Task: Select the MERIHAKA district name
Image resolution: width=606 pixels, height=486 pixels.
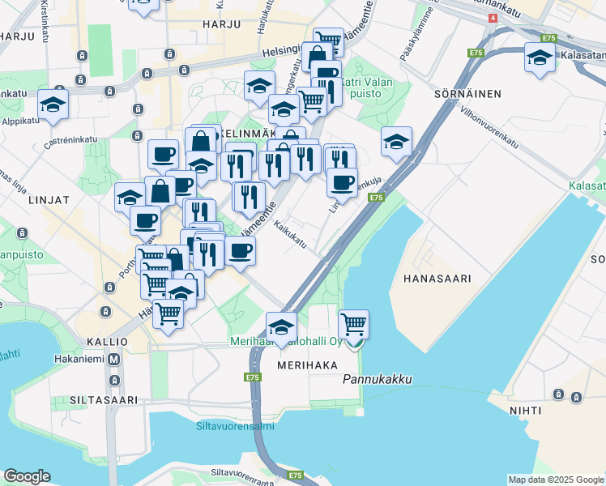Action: (307, 365)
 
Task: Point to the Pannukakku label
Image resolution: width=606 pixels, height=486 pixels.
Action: (378, 379)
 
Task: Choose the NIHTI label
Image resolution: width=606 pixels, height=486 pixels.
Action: (525, 411)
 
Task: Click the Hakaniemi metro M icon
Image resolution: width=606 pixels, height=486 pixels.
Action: (114, 359)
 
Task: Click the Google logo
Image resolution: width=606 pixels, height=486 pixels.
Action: (27, 476)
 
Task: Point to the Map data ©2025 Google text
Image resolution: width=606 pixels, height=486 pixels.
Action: (555, 480)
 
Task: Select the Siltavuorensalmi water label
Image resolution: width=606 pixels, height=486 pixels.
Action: (235, 425)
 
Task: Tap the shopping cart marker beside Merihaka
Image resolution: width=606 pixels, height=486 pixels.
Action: (354, 324)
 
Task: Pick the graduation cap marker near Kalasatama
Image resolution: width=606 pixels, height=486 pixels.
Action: (540, 57)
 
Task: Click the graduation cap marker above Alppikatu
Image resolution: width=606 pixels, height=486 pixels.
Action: (53, 105)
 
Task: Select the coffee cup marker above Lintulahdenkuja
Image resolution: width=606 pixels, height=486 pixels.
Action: (343, 181)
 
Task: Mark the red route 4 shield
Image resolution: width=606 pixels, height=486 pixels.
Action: (493, 17)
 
